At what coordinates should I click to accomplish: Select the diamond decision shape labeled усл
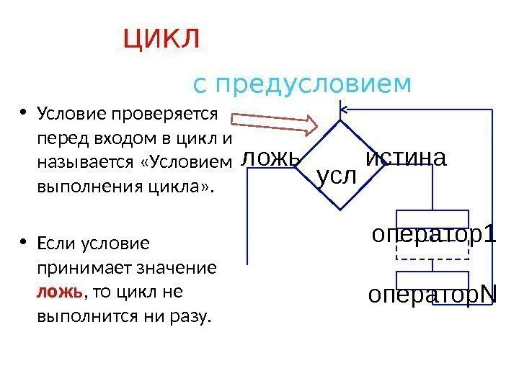[x=338, y=166]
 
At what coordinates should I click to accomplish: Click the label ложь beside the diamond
[x=268, y=157]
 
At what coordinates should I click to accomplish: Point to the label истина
[x=406, y=157]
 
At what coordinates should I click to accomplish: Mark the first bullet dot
[x=24, y=112]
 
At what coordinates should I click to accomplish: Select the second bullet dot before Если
[x=24, y=242]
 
